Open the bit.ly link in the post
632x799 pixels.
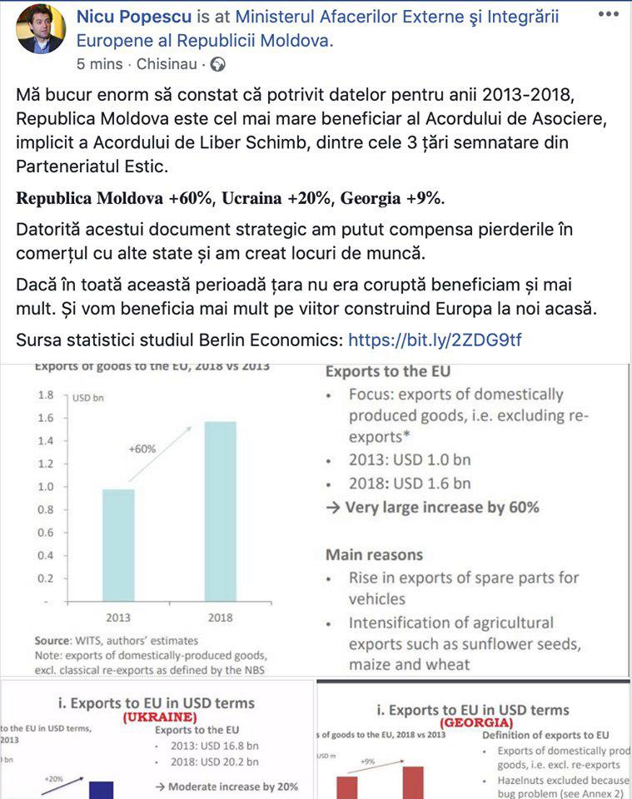pyautogui.click(x=435, y=340)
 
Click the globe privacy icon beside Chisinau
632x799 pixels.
pyautogui.click(x=217, y=63)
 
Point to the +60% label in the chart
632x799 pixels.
pyautogui.click(x=142, y=449)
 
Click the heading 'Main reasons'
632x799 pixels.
pyautogui.click(x=374, y=554)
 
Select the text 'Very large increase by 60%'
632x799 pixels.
pyautogui.click(x=441, y=507)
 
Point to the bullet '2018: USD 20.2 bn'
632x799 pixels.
pyautogui.click(x=213, y=762)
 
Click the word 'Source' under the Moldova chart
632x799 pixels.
pyautogui.click(x=55, y=640)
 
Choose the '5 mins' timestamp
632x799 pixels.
pyautogui.click(x=99, y=63)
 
